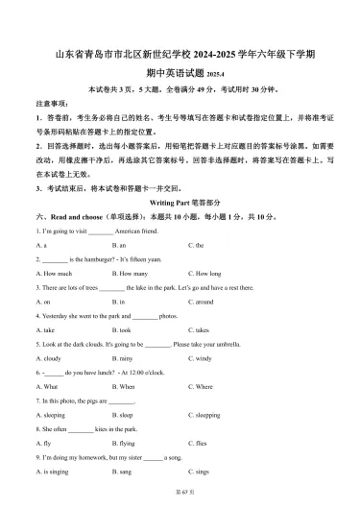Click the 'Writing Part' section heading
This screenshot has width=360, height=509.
[x=180, y=204]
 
